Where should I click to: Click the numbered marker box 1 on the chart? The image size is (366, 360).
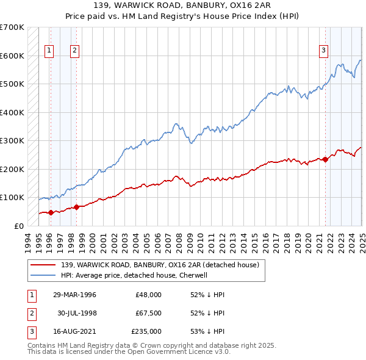click(x=49, y=51)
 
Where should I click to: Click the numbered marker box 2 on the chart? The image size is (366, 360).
click(x=74, y=51)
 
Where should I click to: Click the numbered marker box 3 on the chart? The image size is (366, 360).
click(x=323, y=51)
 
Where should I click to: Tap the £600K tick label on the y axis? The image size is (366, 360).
click(x=12, y=56)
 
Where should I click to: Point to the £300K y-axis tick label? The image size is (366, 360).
click(x=12, y=140)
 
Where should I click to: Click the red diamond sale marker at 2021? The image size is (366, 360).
click(x=325, y=160)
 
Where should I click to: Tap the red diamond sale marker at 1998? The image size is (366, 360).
click(x=76, y=207)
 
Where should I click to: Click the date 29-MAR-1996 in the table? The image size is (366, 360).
click(x=75, y=294)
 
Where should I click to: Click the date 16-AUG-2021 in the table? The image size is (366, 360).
click(x=75, y=332)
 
